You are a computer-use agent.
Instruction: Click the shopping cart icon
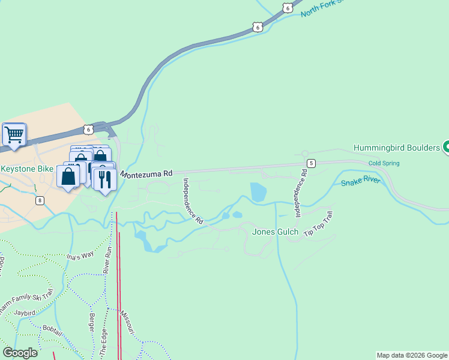pos(14,134)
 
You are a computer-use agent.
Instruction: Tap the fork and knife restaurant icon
pos(105,179)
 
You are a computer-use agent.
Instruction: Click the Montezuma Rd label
pos(146,173)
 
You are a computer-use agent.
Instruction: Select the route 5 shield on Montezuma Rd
pos(311,163)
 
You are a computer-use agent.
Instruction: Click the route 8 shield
pos(40,200)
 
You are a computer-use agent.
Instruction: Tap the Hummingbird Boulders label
pos(396,148)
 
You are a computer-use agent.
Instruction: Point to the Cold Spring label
pos(383,163)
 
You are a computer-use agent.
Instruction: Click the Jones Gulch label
pos(275,232)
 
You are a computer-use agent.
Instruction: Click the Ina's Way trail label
pos(80,254)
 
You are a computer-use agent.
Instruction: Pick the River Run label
pos(109,262)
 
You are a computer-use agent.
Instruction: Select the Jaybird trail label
pos(25,313)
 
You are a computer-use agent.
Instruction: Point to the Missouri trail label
pos(128,323)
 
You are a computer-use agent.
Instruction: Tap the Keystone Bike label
pos(27,169)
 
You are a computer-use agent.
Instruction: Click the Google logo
pos(19,353)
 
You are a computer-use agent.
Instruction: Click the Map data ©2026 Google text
pos(412,355)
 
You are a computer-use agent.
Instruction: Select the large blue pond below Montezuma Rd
pos(258,192)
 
